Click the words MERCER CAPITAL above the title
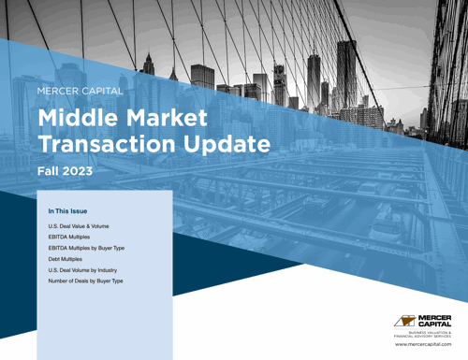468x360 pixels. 84,91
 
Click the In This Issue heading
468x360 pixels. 68,211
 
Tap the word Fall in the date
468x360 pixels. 49,172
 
